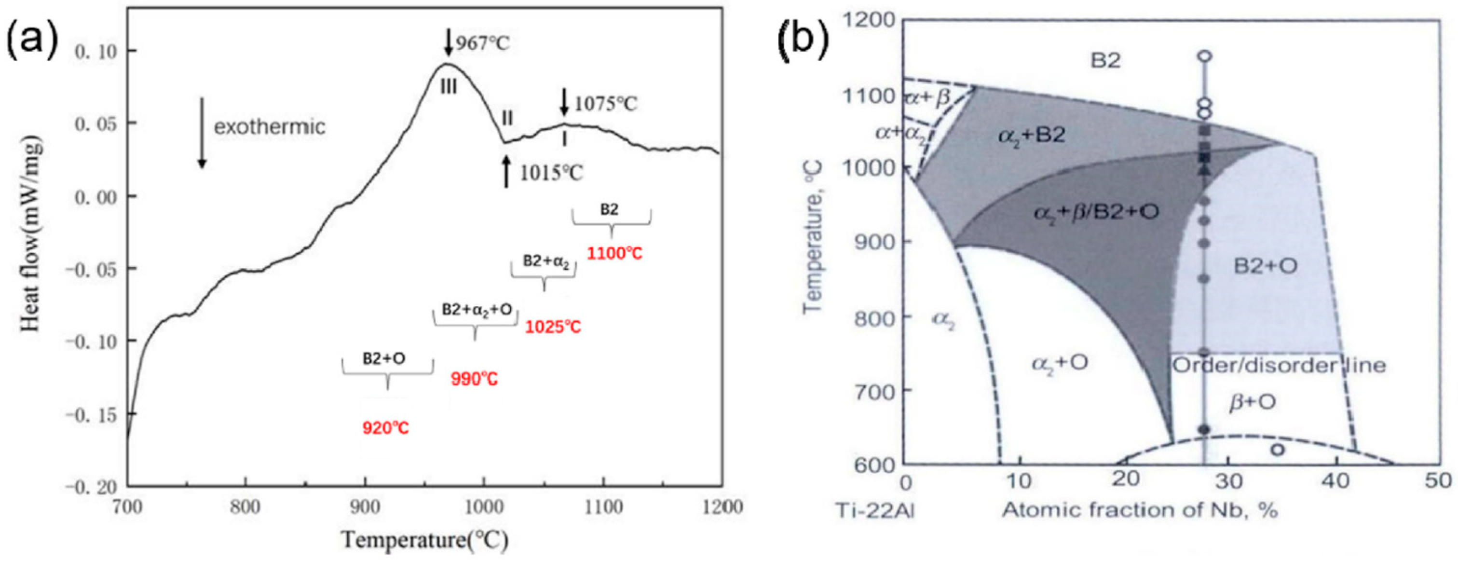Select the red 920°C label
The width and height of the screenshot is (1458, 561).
point(385,428)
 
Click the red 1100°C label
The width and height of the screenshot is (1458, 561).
point(614,253)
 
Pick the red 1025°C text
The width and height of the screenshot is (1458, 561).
point(553,327)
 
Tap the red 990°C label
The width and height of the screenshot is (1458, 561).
point(474,379)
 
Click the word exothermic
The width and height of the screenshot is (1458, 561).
point(270,127)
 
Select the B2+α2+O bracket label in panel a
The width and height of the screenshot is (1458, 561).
point(477,310)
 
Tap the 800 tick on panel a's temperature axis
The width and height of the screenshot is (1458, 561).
point(245,506)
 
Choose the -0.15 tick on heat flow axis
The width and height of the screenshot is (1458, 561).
point(91,415)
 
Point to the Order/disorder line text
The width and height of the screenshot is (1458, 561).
point(1279,365)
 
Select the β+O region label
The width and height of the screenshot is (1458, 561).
point(1252,402)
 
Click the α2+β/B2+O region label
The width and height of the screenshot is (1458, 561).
point(1096,212)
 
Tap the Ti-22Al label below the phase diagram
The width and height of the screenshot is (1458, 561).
point(875,511)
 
